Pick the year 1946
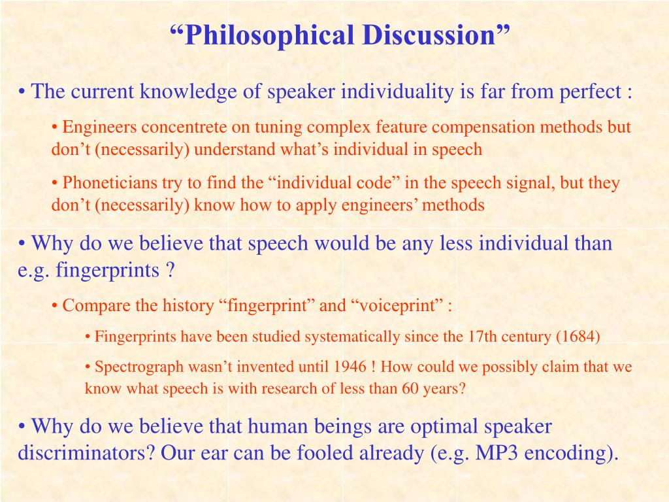[x=350, y=367]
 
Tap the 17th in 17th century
[x=482, y=337]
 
